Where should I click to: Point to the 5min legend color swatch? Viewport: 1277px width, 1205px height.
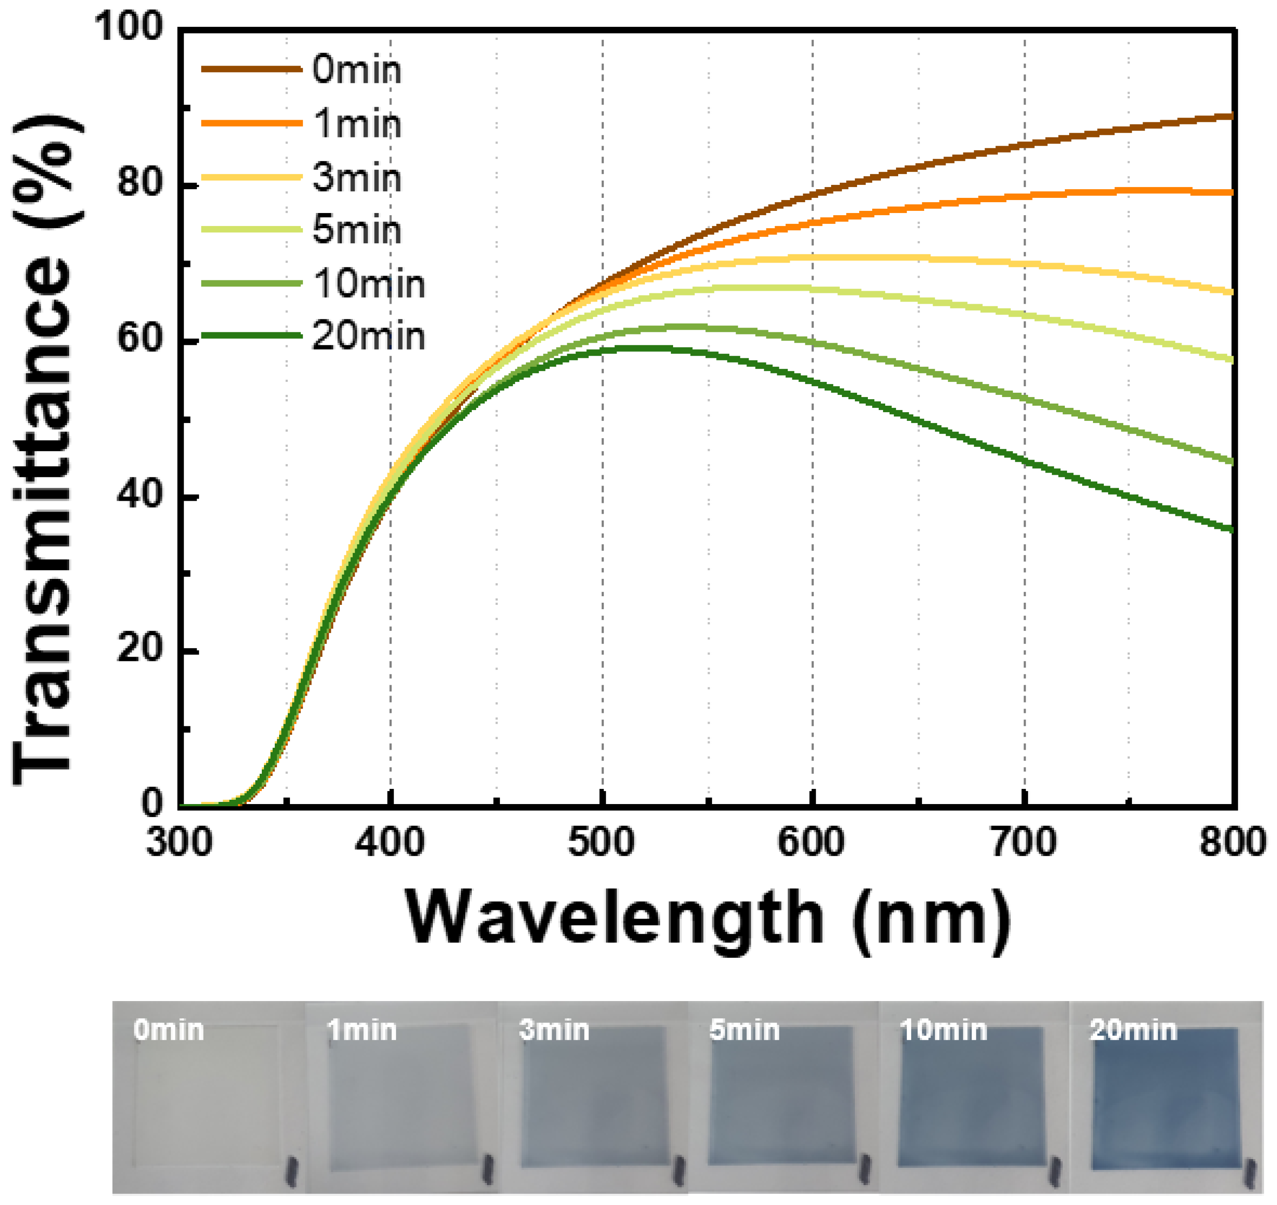point(252,229)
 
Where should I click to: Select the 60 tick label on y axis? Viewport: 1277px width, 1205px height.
point(139,338)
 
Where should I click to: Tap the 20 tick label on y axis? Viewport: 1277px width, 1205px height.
point(139,649)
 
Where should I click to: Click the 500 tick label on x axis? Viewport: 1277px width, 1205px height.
point(601,842)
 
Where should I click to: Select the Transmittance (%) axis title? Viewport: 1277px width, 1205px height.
point(45,450)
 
